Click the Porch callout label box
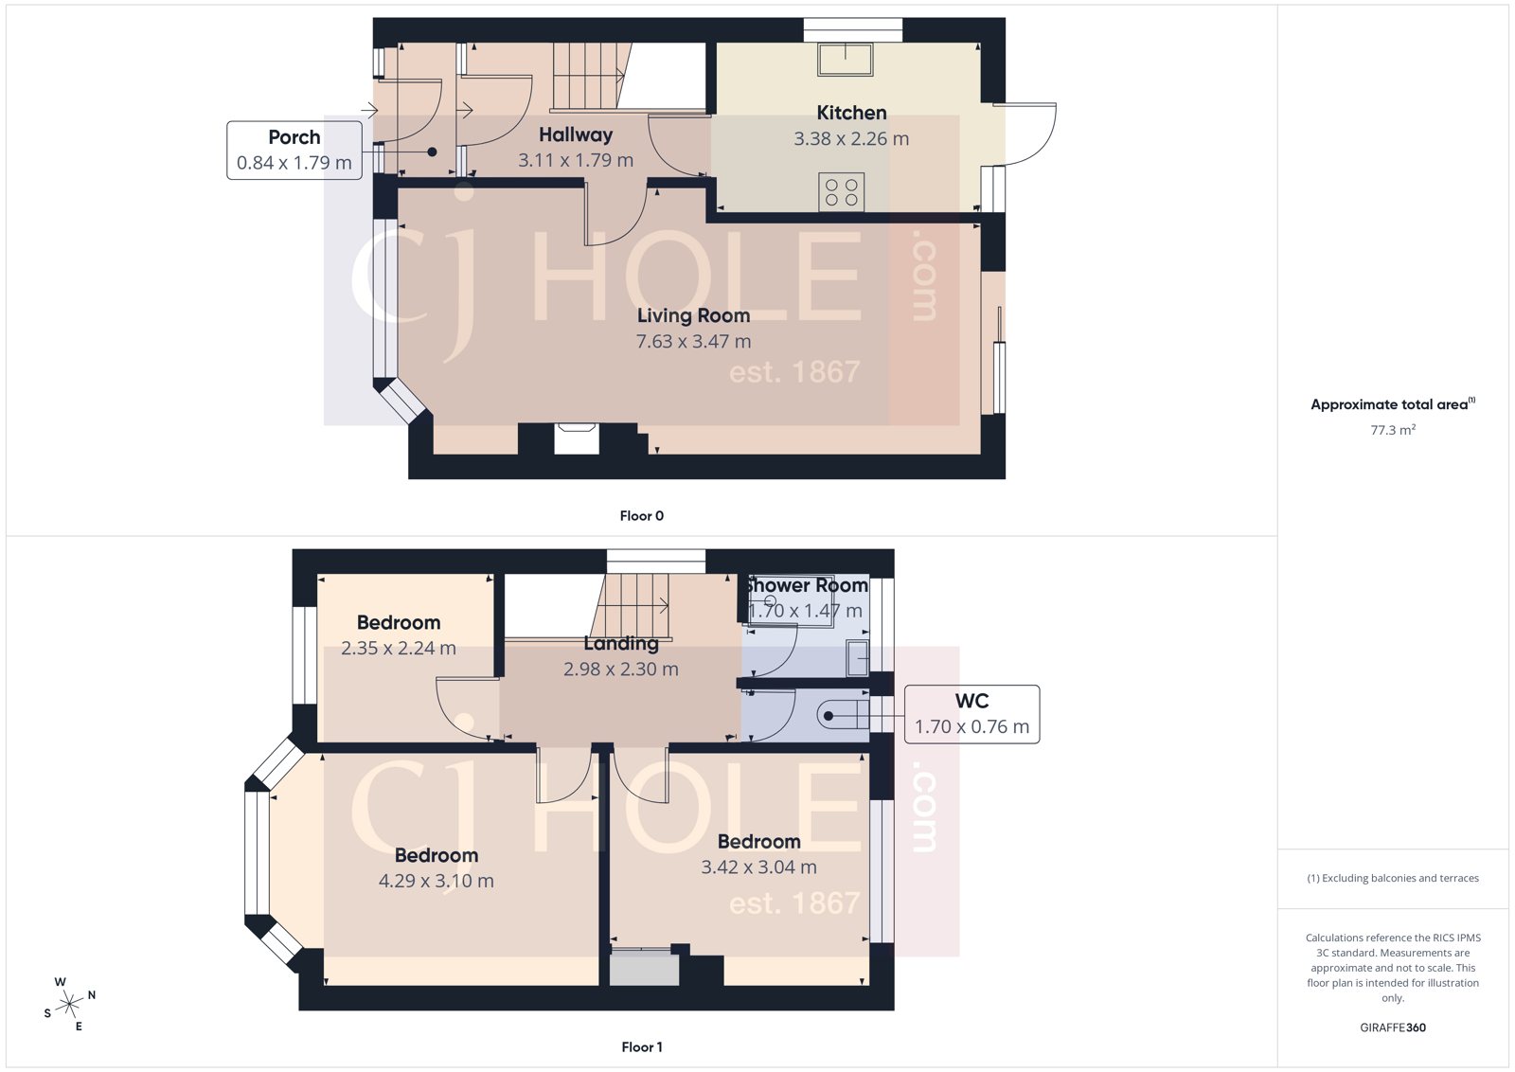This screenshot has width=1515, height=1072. click(x=294, y=150)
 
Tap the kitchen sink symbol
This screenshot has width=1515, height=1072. click(x=846, y=60)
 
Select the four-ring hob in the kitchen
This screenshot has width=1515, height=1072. click(x=841, y=192)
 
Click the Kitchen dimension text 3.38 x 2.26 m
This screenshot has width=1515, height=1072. click(x=851, y=139)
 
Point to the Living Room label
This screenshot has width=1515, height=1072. click(x=693, y=316)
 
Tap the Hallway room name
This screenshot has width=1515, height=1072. click(x=576, y=135)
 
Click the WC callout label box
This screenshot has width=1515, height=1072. click(x=971, y=714)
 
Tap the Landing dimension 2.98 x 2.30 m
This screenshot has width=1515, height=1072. click(x=620, y=670)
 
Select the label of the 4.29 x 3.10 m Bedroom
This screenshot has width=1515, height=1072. click(x=436, y=856)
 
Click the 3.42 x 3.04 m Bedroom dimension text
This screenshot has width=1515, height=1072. click(x=758, y=867)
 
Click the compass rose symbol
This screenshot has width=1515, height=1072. click(x=70, y=1004)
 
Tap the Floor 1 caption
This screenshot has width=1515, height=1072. click(x=642, y=1047)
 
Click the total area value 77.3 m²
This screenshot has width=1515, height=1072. click(x=1393, y=430)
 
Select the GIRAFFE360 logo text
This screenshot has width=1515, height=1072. click(x=1393, y=1027)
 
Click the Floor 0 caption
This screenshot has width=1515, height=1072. click(x=642, y=516)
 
